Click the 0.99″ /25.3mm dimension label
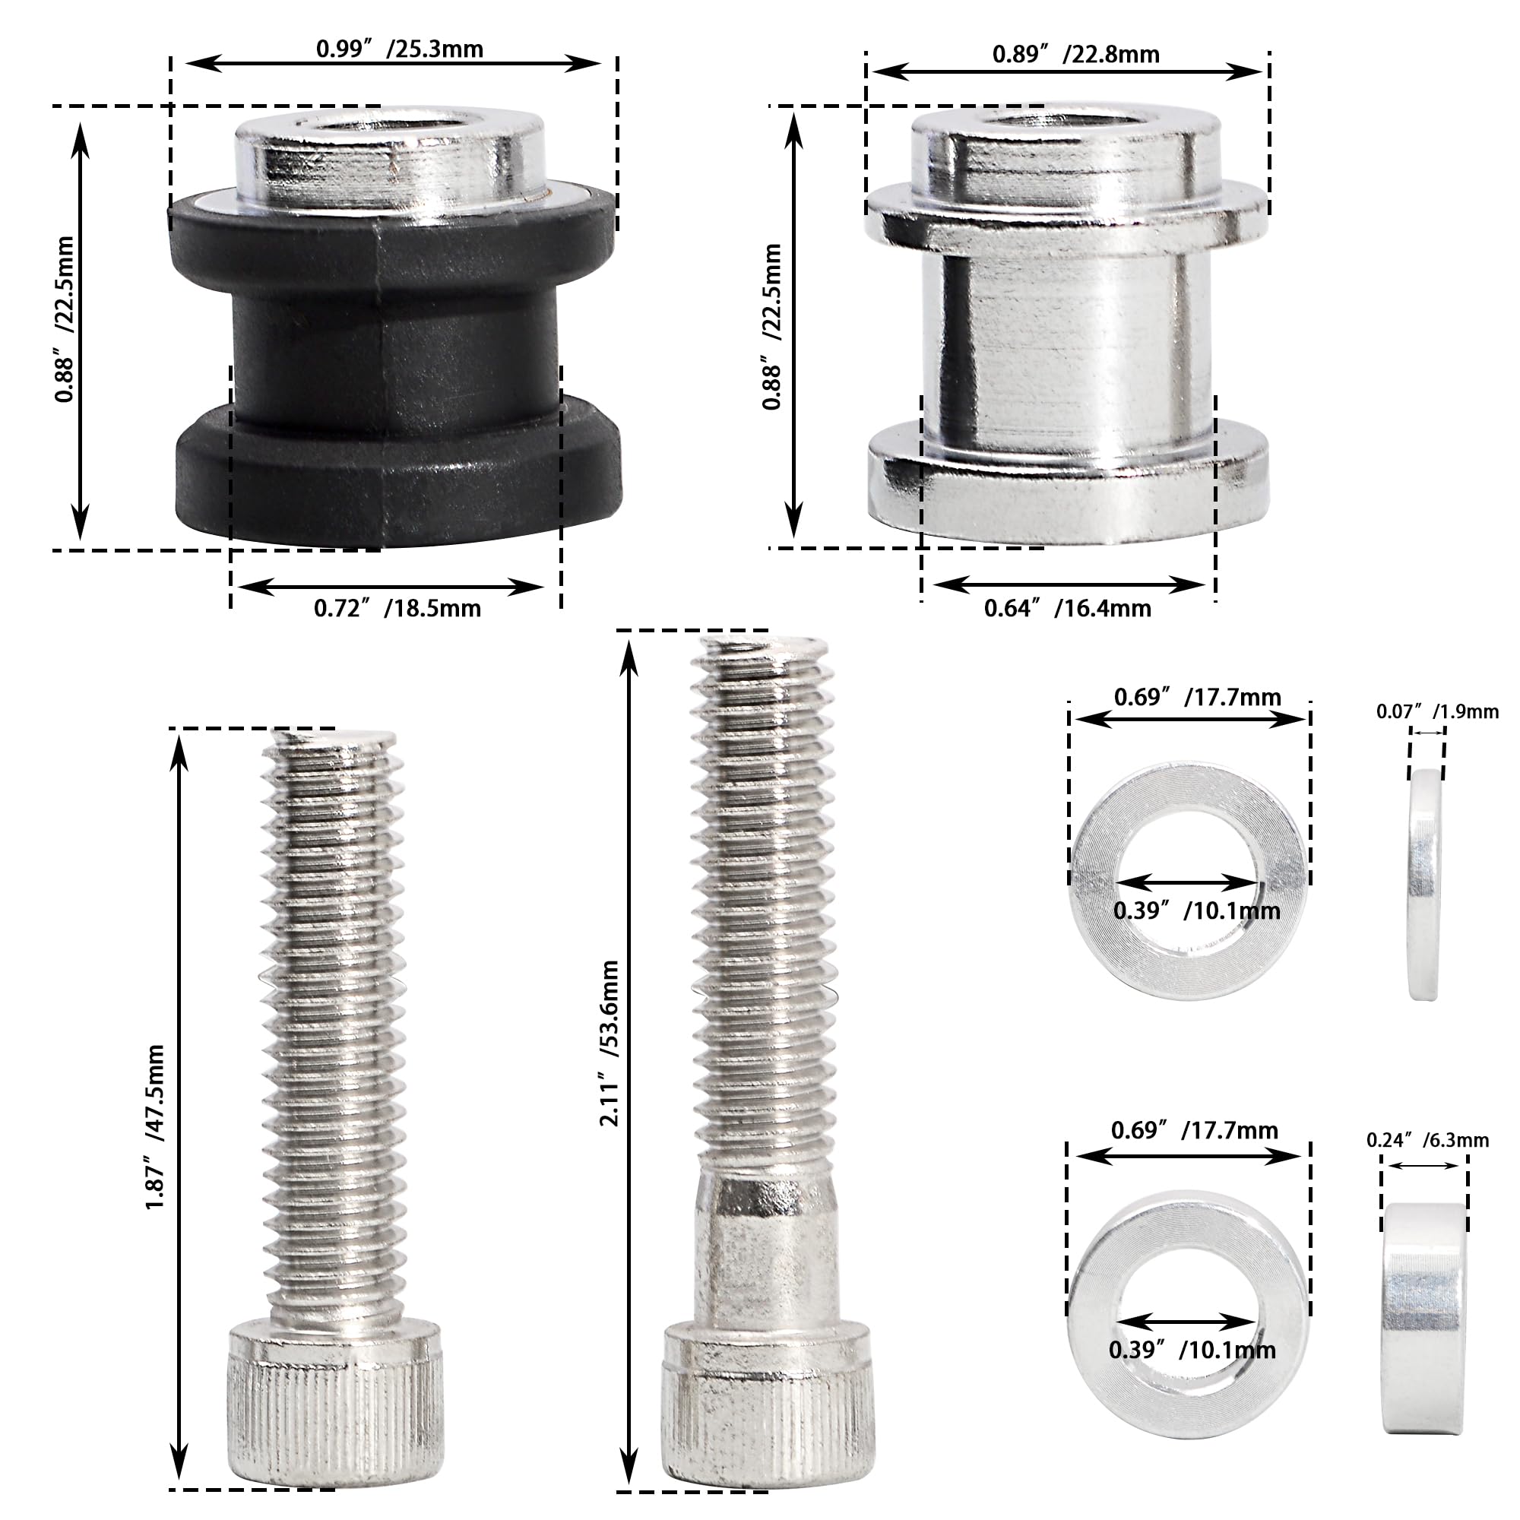pyautogui.click(x=399, y=49)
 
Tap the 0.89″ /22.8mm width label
pyautogui.click(x=1075, y=54)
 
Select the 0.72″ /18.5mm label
pyautogui.click(x=397, y=608)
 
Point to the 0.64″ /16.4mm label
pyautogui.click(x=1068, y=608)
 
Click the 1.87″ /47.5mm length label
pyautogui.click(x=155, y=1126)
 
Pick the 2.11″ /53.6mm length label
pyautogui.click(x=610, y=1043)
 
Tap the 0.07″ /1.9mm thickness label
pyautogui.click(x=1437, y=712)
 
